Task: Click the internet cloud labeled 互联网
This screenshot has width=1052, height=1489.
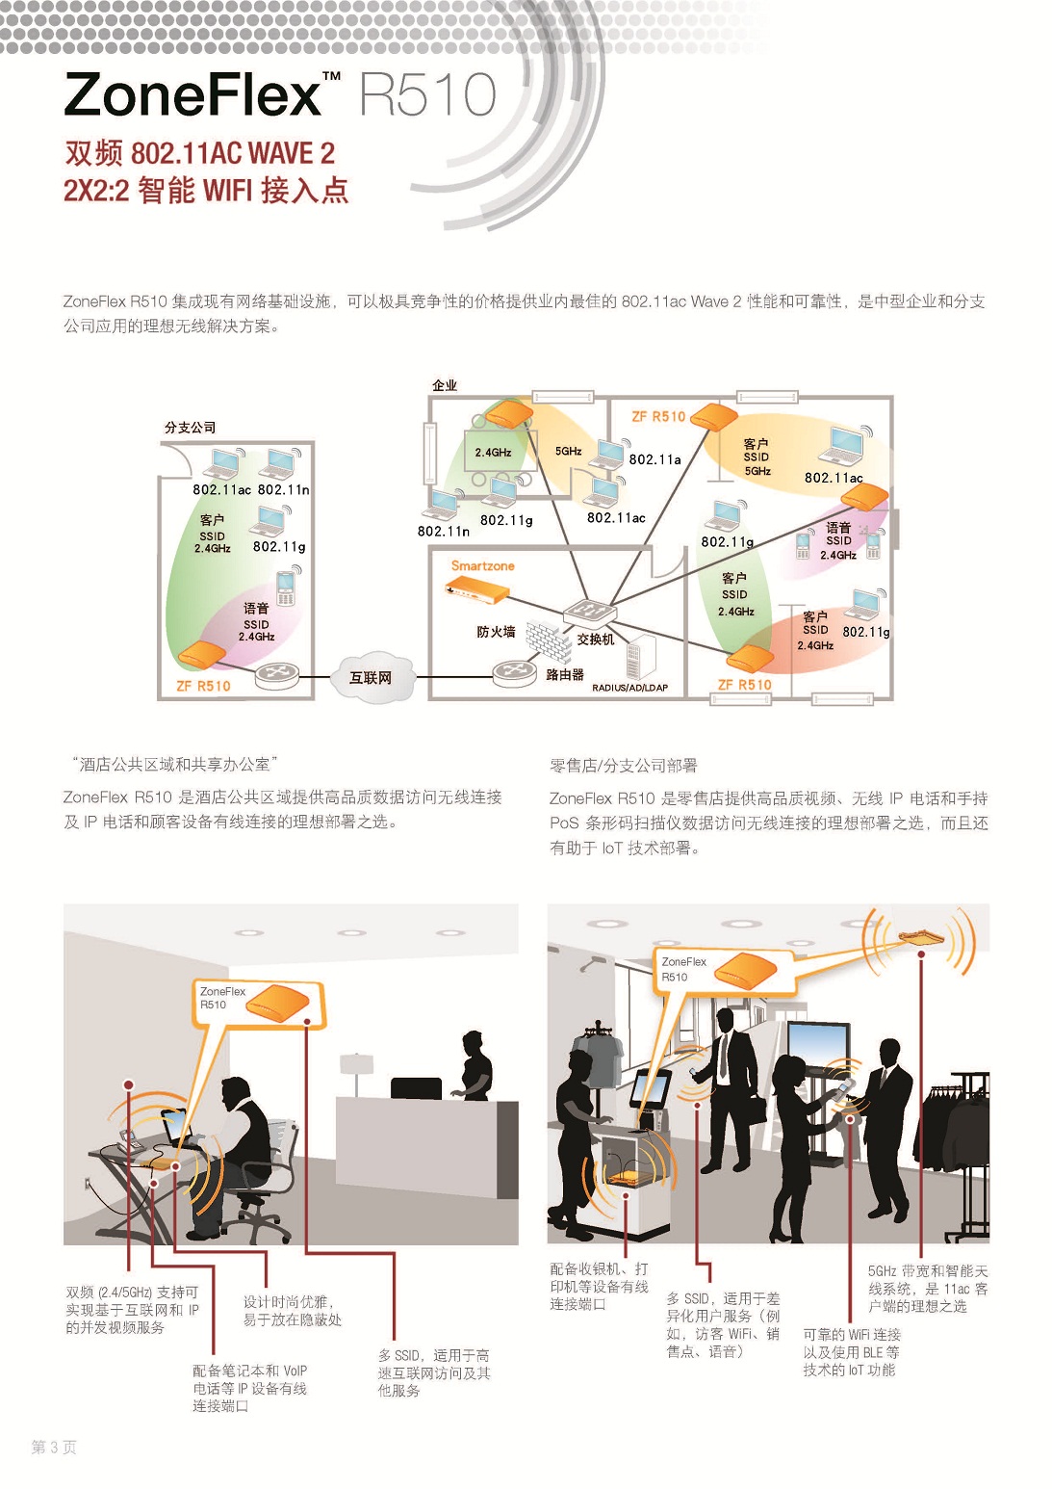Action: coord(371,677)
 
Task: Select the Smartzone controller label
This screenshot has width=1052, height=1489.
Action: coord(482,566)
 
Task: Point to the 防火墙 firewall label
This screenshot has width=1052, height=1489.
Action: coord(496,632)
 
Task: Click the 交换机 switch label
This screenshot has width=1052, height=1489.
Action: coord(596,639)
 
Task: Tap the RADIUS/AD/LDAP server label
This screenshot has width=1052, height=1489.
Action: coord(629,688)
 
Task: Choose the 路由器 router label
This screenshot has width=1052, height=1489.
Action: coord(565,674)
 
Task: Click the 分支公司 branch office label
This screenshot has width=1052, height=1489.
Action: coord(191,428)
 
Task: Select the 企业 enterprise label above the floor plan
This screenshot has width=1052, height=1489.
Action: coord(445,385)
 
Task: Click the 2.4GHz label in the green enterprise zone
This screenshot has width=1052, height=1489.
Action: coord(493,452)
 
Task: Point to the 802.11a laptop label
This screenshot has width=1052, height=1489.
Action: coord(654,459)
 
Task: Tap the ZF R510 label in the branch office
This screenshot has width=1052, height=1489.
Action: coord(203,686)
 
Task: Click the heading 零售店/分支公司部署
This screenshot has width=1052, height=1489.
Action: coord(624,766)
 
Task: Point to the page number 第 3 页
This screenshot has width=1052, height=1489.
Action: coord(54,1447)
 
